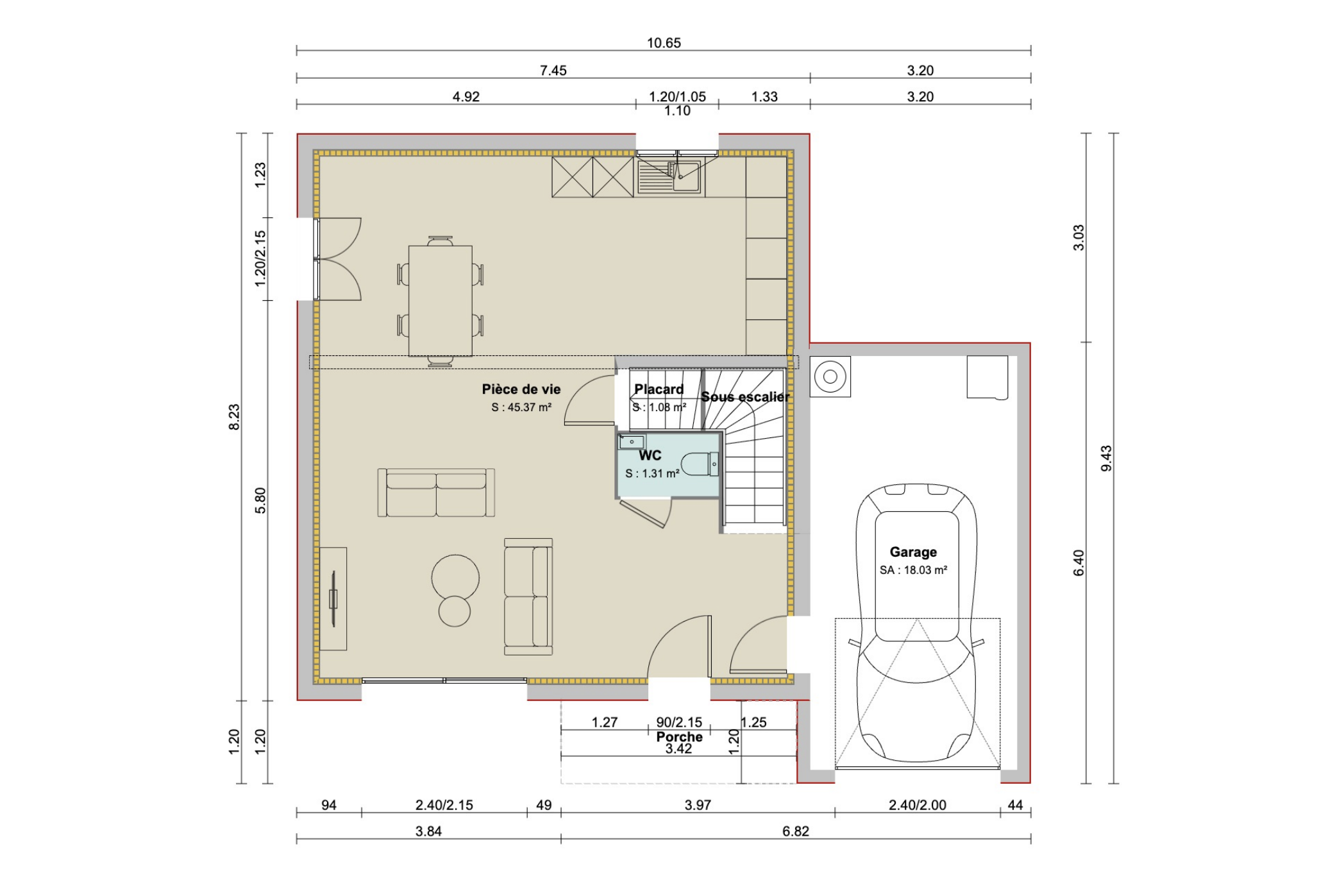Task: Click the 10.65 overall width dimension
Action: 664,43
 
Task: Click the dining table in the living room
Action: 441,300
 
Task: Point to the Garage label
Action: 913,552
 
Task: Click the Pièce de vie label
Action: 521,389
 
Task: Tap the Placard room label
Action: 659,389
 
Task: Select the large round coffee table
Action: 455,577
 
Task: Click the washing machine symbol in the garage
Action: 830,376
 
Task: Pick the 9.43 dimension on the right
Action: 1106,458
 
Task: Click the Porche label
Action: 679,737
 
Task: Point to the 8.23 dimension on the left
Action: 234,417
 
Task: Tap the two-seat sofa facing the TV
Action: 436,493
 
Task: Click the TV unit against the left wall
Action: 333,598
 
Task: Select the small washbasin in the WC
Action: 632,441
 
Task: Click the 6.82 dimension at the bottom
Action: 795,831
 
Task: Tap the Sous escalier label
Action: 744,397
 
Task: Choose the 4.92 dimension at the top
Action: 466,97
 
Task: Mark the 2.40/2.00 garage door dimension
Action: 917,805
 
